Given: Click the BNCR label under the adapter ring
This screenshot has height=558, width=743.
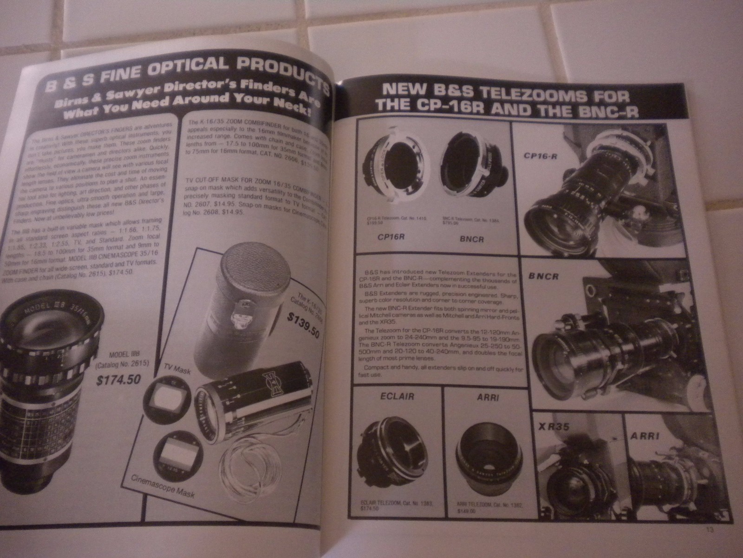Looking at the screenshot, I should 473,239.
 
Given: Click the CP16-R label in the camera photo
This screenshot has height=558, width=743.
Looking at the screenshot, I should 541,155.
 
